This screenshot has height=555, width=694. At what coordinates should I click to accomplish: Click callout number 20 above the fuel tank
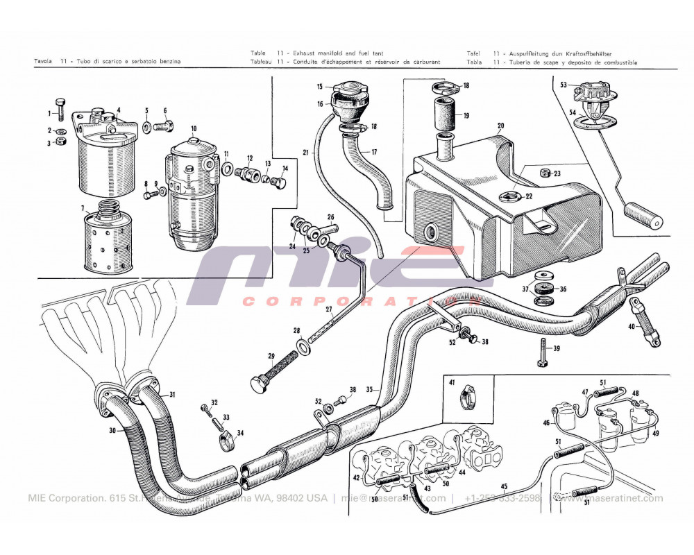500,126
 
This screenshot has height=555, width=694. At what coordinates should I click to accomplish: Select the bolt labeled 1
62,109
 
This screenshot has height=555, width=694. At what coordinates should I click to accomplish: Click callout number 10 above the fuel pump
194,128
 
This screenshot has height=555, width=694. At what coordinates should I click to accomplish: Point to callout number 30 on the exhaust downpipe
113,430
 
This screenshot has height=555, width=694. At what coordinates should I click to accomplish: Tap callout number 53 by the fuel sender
564,85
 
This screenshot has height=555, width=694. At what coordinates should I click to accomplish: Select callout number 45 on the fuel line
504,486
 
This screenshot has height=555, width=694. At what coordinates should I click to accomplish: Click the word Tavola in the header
45,62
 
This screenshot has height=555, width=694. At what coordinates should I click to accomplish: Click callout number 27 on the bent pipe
329,309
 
